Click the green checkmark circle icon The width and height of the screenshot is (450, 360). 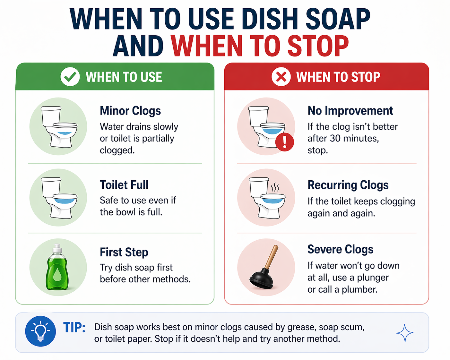pos(70,77)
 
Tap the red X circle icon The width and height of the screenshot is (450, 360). pos(281,77)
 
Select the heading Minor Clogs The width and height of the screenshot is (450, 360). pos(130,111)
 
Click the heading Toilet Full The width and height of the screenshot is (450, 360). pos(124,185)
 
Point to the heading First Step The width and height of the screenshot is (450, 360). pos(124,252)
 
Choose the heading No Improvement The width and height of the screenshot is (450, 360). pos(350,111)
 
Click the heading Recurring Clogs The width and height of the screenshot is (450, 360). pos(348,185)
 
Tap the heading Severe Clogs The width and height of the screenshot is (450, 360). pos(340,249)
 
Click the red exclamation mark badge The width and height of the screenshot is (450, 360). pos(284,142)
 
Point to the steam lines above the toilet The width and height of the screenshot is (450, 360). pos(275,187)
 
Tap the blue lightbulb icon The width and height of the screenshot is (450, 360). pos(40,331)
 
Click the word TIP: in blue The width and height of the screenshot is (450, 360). pos(74,327)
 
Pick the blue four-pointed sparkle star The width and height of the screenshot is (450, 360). pos(405,333)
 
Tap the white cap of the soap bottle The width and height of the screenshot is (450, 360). pos(57,248)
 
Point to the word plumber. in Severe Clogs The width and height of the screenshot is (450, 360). pos(359,289)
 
